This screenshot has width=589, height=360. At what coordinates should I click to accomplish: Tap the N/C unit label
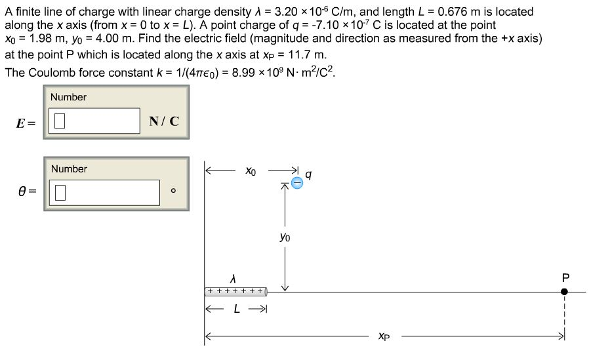pos(163,121)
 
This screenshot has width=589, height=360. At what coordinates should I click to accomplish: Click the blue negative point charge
pos(296,183)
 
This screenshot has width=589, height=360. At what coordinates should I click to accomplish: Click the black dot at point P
pos(564,291)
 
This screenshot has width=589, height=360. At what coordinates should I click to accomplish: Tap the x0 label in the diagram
pos(251,171)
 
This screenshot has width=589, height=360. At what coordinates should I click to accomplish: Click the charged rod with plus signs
pos(235,290)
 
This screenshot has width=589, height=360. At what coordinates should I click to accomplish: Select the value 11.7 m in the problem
pos(307,55)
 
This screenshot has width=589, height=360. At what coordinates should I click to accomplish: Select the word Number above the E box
pos(68,97)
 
